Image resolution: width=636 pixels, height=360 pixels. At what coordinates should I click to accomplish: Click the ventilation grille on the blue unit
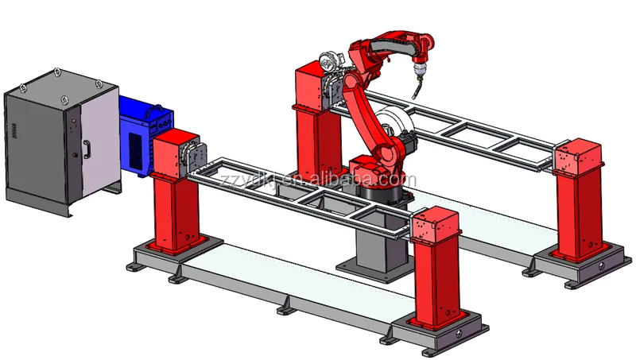(138, 146)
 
